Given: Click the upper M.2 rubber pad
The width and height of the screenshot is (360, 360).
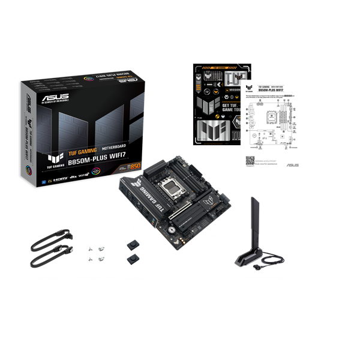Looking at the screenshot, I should click(x=131, y=246).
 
